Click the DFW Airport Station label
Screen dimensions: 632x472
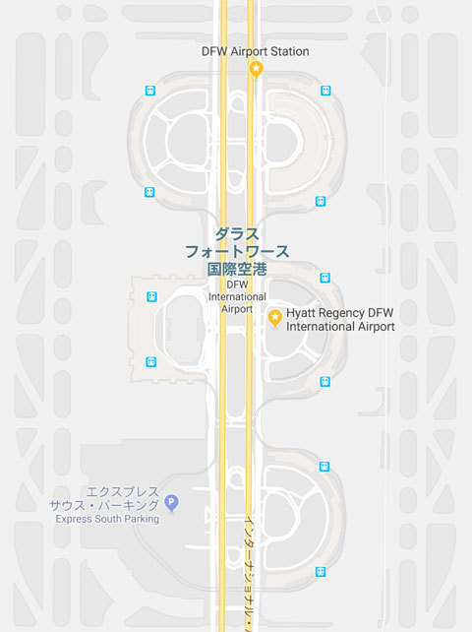255,51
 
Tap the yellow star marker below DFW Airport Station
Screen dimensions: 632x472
256,68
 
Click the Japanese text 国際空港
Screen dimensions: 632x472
237,268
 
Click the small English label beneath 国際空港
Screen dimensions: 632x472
237,296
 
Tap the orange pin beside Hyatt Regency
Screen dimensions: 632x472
275,316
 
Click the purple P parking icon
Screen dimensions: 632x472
171,503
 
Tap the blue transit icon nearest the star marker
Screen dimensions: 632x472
325,91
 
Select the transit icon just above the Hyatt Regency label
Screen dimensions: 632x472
325,278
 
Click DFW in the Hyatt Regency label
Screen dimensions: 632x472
383,312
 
